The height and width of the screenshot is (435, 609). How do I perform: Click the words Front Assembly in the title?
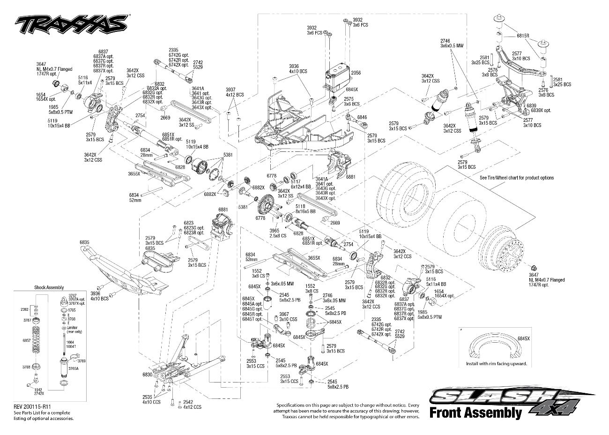click(475, 412)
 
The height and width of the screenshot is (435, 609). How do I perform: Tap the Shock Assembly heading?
click(49, 287)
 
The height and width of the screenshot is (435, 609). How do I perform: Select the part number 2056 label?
click(356, 73)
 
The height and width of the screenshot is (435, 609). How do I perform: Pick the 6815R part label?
click(523, 36)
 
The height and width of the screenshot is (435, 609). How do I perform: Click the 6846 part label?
click(362, 117)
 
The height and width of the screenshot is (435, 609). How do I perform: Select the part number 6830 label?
click(147, 375)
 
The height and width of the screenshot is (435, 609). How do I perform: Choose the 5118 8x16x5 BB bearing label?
click(305, 209)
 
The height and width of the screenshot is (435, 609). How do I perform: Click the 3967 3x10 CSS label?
click(288, 316)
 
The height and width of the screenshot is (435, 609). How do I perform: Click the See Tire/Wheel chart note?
click(516, 178)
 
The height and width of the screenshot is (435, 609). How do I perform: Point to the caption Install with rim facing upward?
click(496, 364)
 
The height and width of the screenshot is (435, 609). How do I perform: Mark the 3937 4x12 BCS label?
click(234, 92)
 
